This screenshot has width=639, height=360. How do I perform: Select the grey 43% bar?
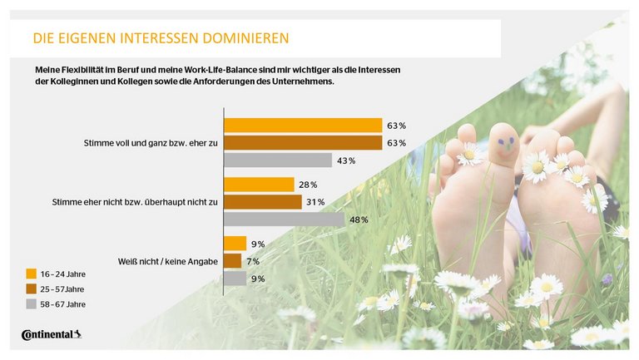pos(278,160)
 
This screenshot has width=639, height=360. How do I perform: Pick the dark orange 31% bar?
pos(263,202)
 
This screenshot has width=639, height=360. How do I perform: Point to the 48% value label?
pos(359,219)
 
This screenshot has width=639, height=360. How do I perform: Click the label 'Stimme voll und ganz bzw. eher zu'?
pos(151,143)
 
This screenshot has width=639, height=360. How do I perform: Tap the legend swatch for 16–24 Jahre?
pos(32,274)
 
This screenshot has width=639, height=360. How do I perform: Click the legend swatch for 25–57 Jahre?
pos(32,288)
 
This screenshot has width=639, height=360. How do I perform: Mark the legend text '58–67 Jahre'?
pos(63,304)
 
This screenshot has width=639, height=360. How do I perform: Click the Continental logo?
pos(51,335)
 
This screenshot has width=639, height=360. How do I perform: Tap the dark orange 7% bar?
pos(233,261)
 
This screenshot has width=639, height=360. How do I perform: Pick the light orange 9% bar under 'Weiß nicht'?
pos(236,244)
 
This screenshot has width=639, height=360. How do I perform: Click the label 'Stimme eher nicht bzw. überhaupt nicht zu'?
pos(136,202)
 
